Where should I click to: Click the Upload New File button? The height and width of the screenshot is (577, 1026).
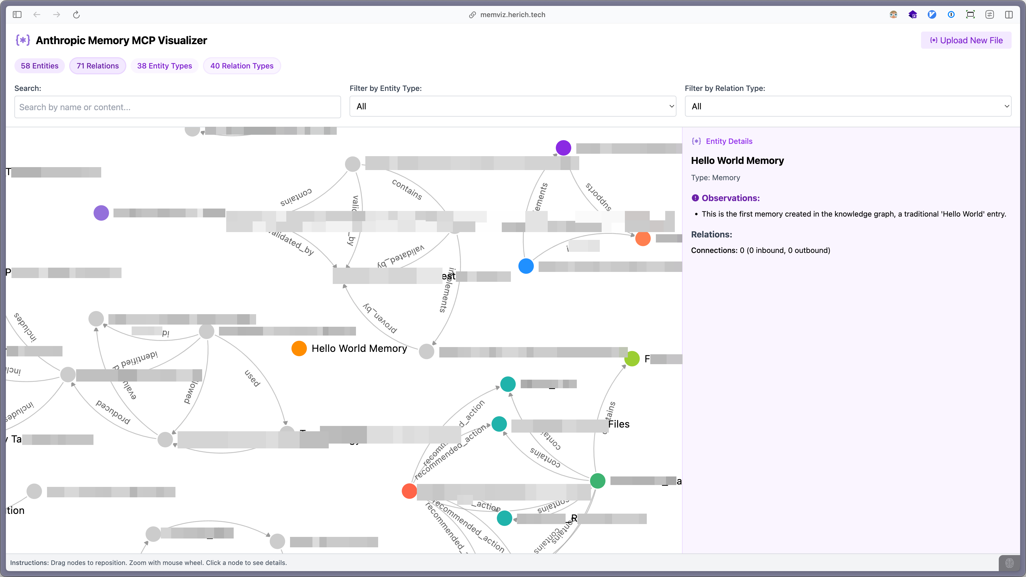(x=966, y=40)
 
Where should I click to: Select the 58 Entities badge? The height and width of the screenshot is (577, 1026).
(x=40, y=66)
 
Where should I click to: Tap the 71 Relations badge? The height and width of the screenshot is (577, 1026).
(x=97, y=66)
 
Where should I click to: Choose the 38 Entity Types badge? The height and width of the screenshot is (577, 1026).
(x=165, y=66)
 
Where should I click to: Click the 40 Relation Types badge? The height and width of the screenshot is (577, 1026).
(x=242, y=66)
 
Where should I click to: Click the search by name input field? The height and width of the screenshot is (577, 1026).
(x=177, y=107)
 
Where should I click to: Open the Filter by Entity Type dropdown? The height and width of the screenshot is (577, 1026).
(x=513, y=106)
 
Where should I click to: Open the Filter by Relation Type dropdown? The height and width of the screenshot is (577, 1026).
(x=848, y=106)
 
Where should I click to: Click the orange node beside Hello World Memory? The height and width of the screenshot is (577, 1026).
(x=299, y=348)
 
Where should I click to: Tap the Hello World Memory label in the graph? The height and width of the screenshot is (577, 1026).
(x=359, y=348)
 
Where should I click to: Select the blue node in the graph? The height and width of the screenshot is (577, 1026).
(x=526, y=266)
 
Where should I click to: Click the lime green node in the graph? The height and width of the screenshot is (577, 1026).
(x=632, y=359)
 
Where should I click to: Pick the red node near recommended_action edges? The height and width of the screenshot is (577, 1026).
(x=409, y=491)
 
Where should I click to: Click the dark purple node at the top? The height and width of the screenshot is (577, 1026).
(x=563, y=148)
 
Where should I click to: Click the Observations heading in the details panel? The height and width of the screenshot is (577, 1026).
(x=730, y=198)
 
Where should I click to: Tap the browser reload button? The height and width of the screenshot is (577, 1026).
(x=76, y=15)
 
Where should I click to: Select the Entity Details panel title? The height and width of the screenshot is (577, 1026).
(x=729, y=141)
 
